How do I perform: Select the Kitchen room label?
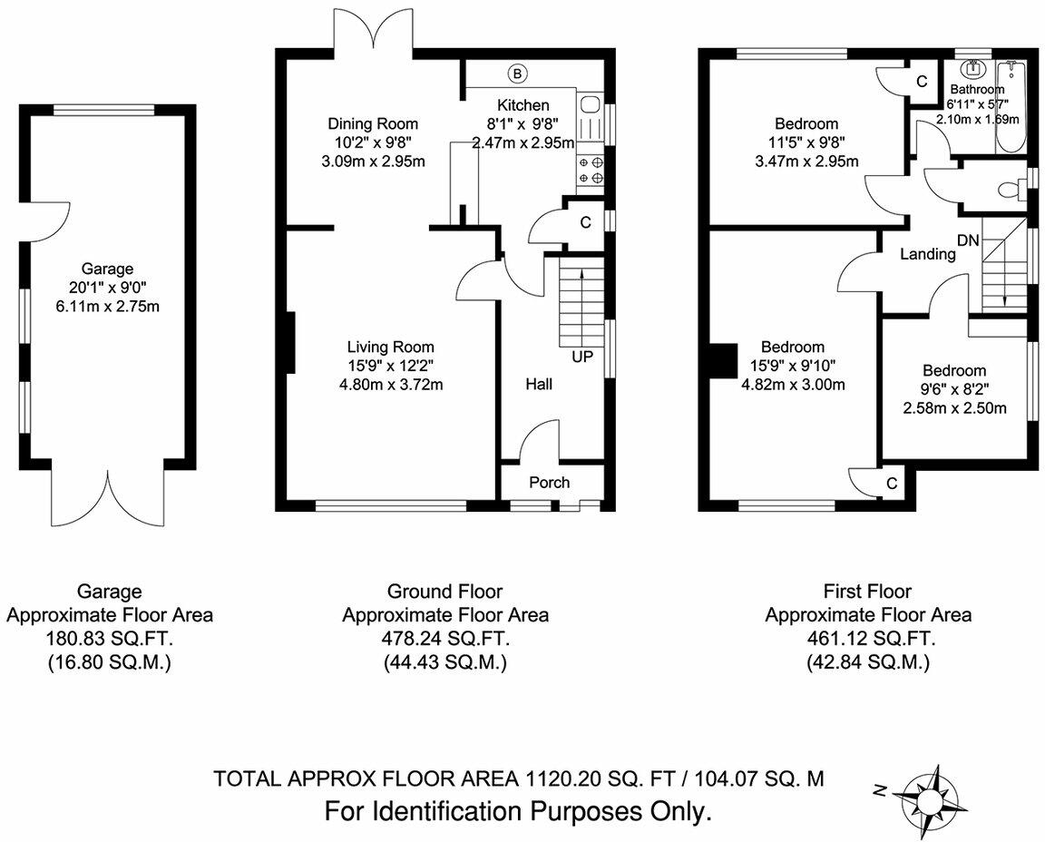(522, 105)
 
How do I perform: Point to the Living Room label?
(391, 347)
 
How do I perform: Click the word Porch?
(550, 482)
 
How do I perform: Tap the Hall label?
(539, 385)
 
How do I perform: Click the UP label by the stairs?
(581, 357)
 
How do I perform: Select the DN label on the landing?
(968, 240)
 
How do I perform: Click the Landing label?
(927, 255)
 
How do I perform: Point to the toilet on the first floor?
(1007, 190)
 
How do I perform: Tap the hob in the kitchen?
(590, 170)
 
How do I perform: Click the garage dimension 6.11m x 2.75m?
(108, 306)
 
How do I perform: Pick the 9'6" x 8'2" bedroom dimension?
(953, 389)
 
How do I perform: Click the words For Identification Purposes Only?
(517, 810)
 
